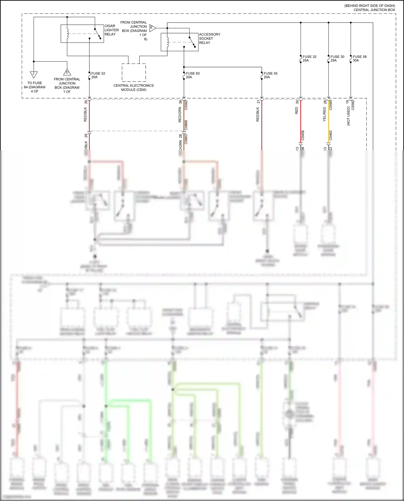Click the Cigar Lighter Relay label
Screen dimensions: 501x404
112,30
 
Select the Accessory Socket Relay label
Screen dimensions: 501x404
209,38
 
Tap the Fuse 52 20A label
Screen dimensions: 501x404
98,75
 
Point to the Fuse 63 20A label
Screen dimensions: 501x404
192,75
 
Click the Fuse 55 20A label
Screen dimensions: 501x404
270,75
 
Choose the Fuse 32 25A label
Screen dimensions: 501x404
309,58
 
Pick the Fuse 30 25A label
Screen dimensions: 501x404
337,58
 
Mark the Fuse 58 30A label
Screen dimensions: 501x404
359,58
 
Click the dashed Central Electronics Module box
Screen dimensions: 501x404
134,72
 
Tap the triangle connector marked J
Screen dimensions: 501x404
34,74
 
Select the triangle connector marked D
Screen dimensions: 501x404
67,72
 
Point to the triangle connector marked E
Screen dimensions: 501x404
152,28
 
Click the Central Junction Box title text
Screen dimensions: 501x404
374,10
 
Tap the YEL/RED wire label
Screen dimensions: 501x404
325,114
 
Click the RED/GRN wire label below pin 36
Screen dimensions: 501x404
180,115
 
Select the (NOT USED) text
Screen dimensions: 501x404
349,116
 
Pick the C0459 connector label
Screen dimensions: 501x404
303,135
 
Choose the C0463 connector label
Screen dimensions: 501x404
330,135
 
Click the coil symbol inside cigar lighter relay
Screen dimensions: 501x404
67,34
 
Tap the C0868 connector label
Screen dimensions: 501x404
186,125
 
